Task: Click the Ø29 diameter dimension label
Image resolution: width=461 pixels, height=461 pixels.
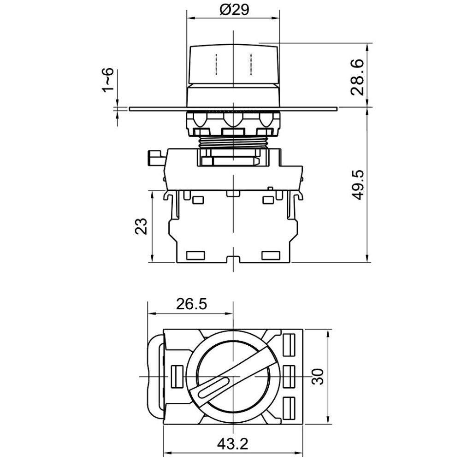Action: (x=234, y=10)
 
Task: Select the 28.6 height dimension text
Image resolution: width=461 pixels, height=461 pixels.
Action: (x=358, y=77)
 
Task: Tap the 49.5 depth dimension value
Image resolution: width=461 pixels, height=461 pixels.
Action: (x=358, y=185)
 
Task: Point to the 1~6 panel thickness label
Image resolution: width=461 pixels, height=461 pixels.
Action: (x=108, y=80)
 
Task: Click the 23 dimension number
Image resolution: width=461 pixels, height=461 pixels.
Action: (x=141, y=226)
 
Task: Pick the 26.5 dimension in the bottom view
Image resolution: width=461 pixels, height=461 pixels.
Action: (x=191, y=304)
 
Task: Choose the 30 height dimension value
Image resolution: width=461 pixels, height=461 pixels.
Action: (x=318, y=377)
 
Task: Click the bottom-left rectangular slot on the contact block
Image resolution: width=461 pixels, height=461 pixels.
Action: (x=195, y=255)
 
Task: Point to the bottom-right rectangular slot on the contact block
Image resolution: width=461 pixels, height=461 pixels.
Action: (x=271, y=255)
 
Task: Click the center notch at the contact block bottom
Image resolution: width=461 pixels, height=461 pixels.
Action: (x=233, y=259)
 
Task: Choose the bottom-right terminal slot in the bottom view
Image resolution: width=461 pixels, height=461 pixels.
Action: (x=289, y=408)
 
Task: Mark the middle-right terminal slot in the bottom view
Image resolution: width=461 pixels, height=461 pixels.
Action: (x=289, y=377)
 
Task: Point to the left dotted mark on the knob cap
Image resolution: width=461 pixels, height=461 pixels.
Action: (x=216, y=64)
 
